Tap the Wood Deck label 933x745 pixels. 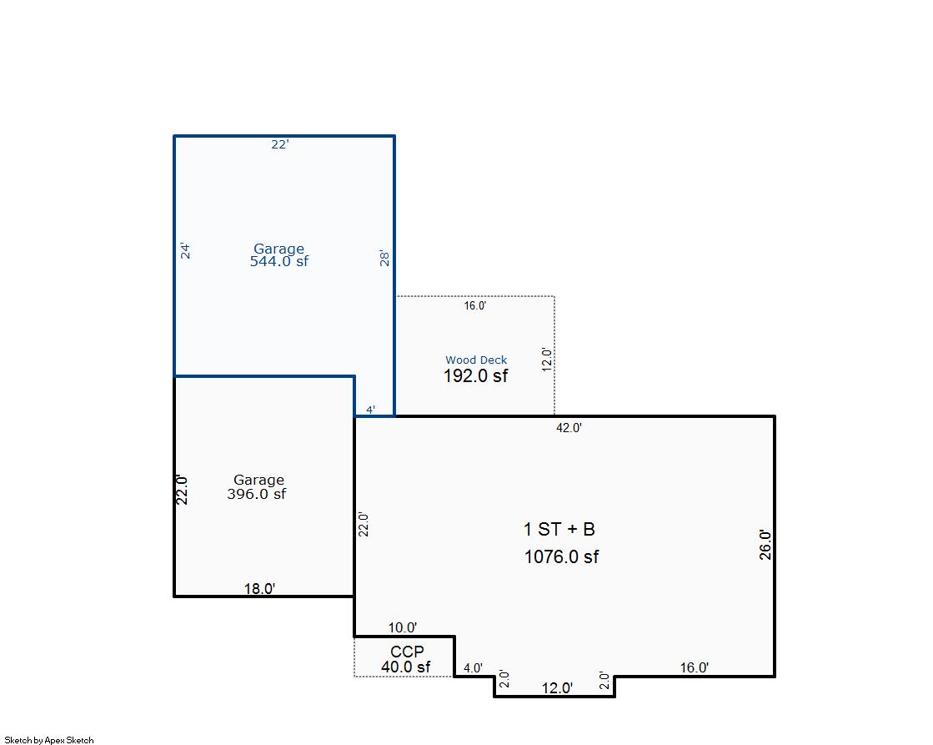click(x=476, y=360)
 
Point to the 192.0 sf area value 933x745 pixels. click(x=475, y=376)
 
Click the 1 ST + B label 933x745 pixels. click(x=559, y=529)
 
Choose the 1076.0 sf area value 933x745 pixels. click(x=561, y=557)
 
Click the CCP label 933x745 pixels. click(x=407, y=652)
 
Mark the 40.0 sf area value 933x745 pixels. click(x=406, y=667)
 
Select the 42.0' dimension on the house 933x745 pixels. click(x=569, y=428)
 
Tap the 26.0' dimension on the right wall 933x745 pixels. click(x=765, y=545)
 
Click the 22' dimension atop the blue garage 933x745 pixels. click(x=280, y=144)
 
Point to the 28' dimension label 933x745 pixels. click(x=384, y=259)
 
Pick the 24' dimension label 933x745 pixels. click(x=186, y=250)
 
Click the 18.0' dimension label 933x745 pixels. click(x=259, y=588)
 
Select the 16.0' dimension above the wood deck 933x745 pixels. click(x=475, y=306)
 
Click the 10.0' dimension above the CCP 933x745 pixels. click(x=403, y=627)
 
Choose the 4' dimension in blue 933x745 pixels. click(x=370, y=410)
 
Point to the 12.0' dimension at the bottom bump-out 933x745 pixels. click(x=557, y=688)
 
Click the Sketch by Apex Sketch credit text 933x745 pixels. click(x=49, y=740)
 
